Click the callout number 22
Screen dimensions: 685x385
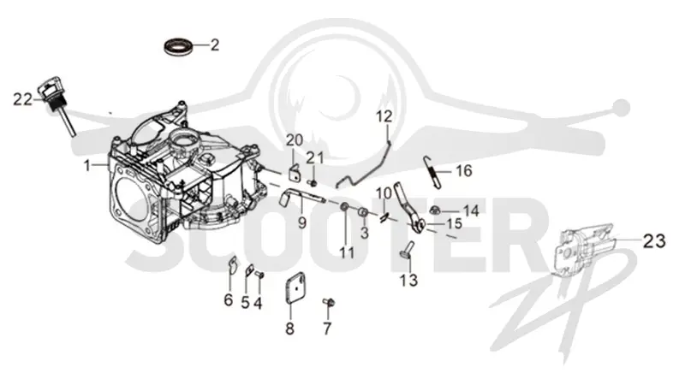tap(22, 99)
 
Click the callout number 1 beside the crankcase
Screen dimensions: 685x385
tap(87, 165)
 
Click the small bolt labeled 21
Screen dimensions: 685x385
tap(312, 181)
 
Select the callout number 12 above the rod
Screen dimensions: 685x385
tap(384, 116)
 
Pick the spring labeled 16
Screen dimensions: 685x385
tap(432, 173)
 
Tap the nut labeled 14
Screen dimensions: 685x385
tap(435, 210)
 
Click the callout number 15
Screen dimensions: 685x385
tap(455, 223)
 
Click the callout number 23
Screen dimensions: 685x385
tap(654, 240)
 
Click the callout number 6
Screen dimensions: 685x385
tap(229, 300)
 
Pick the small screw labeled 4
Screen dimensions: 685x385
tap(259, 275)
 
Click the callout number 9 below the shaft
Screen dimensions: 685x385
tap(302, 223)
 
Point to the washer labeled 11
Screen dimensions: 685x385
tap(345, 206)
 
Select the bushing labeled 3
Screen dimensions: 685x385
tap(362, 212)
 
